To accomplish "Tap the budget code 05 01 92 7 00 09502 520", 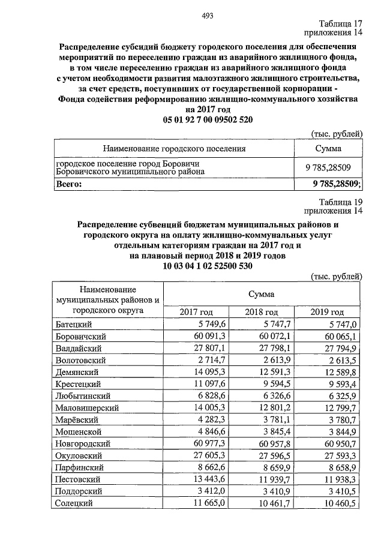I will pos(208,120).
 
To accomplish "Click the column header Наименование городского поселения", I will pos(175,148).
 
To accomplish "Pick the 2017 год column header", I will pos(196,312).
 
